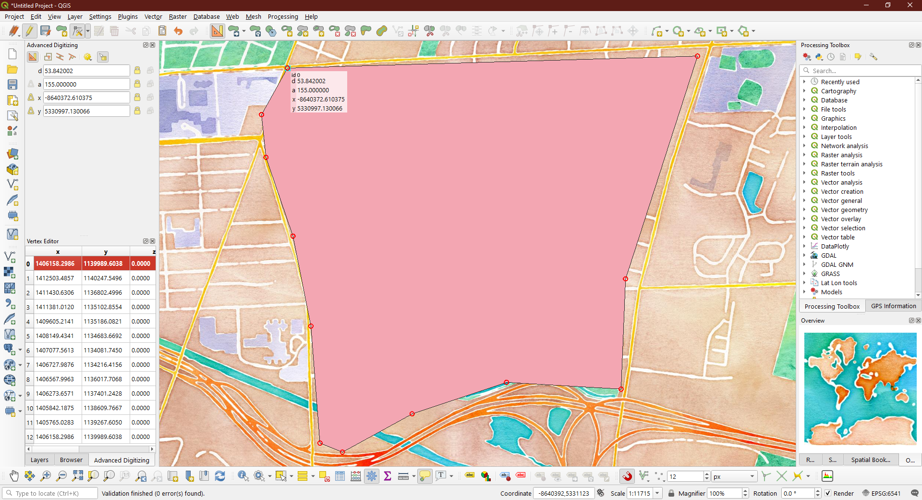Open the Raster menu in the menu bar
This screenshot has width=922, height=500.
click(x=177, y=16)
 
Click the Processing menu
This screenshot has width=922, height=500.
click(x=282, y=16)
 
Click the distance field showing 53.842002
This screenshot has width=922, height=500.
click(x=86, y=71)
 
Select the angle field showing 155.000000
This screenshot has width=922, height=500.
click(x=86, y=84)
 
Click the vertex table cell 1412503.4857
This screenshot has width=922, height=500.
click(x=55, y=278)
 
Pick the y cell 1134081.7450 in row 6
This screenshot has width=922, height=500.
click(x=103, y=350)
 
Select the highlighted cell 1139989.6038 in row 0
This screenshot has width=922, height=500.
click(x=103, y=263)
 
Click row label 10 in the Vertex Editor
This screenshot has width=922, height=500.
click(x=29, y=408)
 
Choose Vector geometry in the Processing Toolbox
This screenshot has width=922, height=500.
click(x=844, y=210)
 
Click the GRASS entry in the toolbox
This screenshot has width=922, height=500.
click(x=830, y=274)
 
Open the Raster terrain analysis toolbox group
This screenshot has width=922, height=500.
click(x=851, y=164)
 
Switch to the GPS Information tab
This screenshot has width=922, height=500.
click(x=893, y=306)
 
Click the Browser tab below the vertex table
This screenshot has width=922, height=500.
click(x=71, y=460)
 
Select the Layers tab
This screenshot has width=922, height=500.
click(x=39, y=460)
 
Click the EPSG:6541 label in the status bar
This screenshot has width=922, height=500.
click(x=886, y=493)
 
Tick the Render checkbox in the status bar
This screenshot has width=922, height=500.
click(x=828, y=493)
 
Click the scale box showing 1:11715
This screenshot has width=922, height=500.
click(x=640, y=493)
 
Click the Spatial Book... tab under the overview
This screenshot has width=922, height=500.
click(x=870, y=460)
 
